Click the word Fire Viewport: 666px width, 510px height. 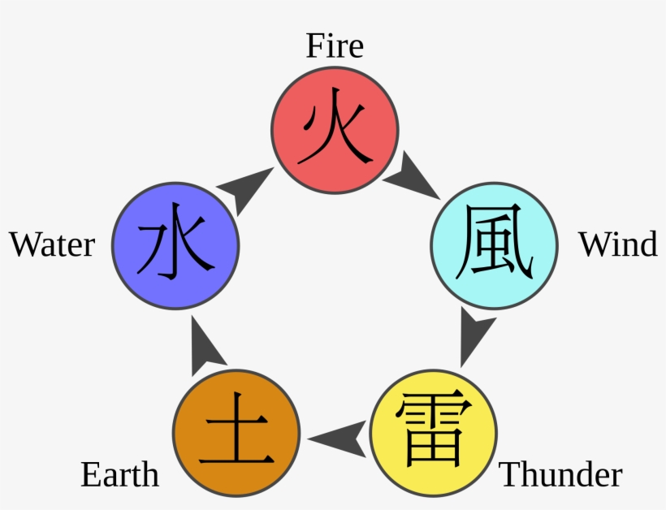click(x=334, y=45)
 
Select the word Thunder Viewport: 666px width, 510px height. click(x=560, y=474)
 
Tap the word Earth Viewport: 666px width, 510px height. click(x=119, y=474)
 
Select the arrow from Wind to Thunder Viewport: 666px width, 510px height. click(x=474, y=335)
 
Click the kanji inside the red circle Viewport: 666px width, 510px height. click(x=334, y=128)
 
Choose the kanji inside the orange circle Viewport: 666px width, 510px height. click(x=236, y=430)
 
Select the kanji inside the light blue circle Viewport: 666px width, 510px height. click(x=494, y=244)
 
